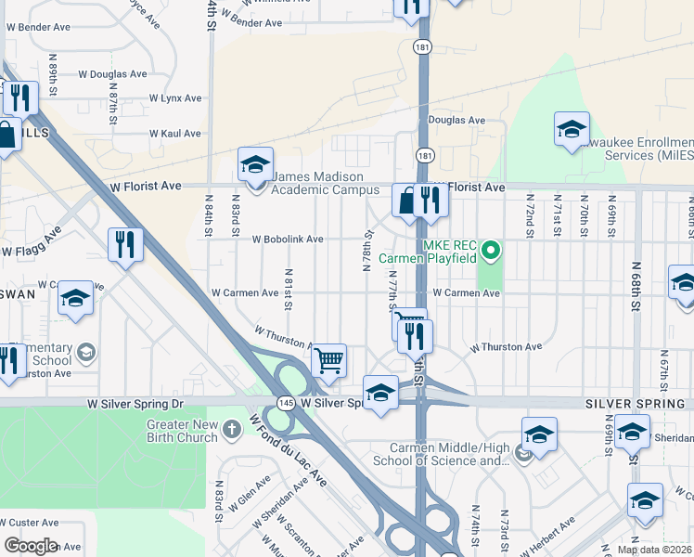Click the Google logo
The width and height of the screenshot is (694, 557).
point(31,546)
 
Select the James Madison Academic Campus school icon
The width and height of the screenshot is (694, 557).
point(255,165)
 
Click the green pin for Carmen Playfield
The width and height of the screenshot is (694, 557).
point(494,249)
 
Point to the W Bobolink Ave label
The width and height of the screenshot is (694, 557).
point(288,240)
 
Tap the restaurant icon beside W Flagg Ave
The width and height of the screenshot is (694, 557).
point(124,245)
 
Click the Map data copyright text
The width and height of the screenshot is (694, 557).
point(654,550)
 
